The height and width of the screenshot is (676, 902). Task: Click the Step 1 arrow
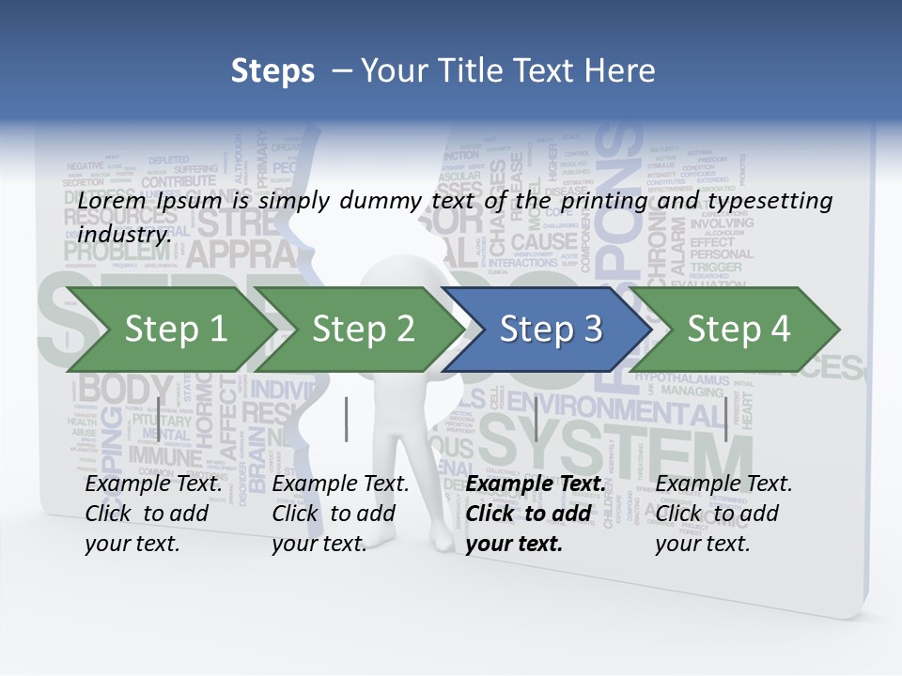tap(175, 329)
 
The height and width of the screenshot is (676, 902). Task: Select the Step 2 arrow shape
tap(363, 329)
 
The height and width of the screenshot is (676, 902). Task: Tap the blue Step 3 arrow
tap(551, 329)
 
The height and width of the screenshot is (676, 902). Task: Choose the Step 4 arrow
tap(739, 329)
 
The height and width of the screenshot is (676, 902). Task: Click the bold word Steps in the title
tap(272, 71)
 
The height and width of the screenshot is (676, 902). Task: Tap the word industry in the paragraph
tap(124, 234)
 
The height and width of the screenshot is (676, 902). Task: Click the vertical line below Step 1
tap(158, 419)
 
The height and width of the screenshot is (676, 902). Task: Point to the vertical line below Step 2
tap(347, 419)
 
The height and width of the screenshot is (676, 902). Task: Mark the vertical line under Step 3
tap(536, 419)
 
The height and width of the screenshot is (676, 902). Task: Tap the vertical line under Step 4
tap(725, 419)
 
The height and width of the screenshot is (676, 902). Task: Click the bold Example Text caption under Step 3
tap(536, 514)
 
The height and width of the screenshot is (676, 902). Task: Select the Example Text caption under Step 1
tap(153, 514)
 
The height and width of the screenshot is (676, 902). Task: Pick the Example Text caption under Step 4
tap(723, 514)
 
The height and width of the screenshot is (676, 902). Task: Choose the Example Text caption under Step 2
tap(340, 514)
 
